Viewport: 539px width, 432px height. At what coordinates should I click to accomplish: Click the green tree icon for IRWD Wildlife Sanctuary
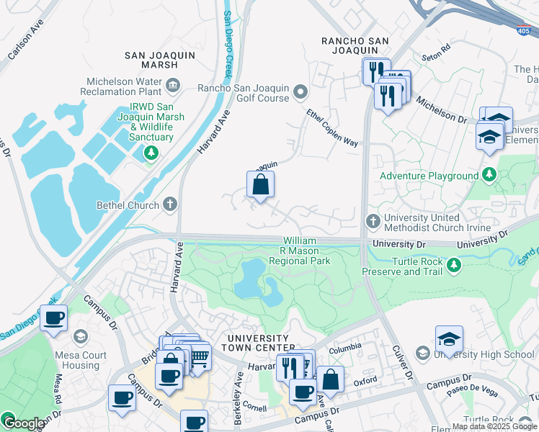(x=151, y=152)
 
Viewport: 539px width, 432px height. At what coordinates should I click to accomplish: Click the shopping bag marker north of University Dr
(x=260, y=185)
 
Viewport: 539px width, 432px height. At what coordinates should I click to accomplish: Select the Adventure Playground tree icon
(x=489, y=175)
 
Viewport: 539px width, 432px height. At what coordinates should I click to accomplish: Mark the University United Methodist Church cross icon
(x=373, y=222)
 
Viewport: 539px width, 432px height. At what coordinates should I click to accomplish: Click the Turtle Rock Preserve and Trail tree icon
(x=453, y=266)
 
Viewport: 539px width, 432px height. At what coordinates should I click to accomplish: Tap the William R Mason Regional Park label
(x=306, y=250)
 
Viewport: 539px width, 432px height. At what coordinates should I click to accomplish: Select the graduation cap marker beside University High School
(x=449, y=340)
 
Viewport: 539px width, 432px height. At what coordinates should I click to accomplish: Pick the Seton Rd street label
(x=437, y=50)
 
